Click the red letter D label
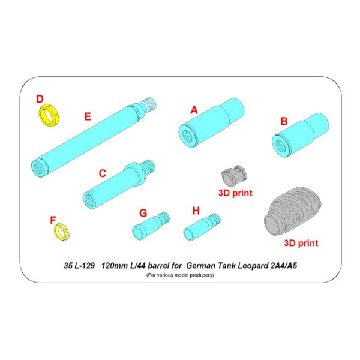coord(40,98)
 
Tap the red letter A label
coord(194,110)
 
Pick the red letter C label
coord(103,173)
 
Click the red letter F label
coord(52,220)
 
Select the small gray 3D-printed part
coord(234,178)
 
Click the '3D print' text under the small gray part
coord(235,193)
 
